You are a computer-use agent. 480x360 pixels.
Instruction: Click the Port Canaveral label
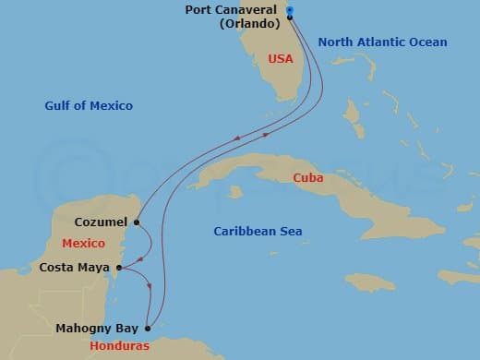235,11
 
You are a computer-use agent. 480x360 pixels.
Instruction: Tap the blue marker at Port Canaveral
290,11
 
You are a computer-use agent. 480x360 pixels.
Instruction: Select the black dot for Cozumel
136,222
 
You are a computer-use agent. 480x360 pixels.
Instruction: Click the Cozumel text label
101,222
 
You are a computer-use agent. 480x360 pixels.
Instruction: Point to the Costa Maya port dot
119,269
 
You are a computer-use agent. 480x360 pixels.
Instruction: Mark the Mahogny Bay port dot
148,328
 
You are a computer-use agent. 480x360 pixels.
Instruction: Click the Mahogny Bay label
97,328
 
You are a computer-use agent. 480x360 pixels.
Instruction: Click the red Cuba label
307,177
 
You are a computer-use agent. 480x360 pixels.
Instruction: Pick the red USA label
280,58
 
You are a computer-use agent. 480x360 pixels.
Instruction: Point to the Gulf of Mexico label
89,106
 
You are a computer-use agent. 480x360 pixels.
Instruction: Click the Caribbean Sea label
258,232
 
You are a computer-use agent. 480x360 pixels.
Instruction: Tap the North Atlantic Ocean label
381,42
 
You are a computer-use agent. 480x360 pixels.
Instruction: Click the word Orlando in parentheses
249,24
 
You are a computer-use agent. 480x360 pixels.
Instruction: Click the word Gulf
57,106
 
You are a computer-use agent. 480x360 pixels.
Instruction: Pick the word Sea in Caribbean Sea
290,232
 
